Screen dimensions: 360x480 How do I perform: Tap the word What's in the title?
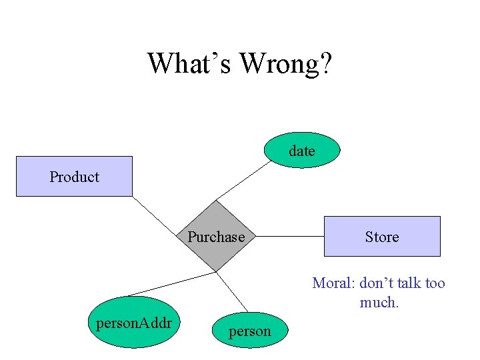coord(190,63)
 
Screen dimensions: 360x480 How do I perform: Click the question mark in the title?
coord(325,63)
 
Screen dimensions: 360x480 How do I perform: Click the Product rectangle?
coord(74,176)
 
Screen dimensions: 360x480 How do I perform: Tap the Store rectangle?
coord(382,236)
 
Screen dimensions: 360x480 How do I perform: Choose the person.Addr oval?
coord(134,323)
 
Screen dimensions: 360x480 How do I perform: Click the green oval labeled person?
coord(250,331)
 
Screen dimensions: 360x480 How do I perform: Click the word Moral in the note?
coord(333,283)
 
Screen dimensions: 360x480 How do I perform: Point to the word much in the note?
coord(379,302)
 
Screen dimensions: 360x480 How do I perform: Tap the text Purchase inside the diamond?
coord(216,237)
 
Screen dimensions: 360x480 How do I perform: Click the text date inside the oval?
coord(302,151)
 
